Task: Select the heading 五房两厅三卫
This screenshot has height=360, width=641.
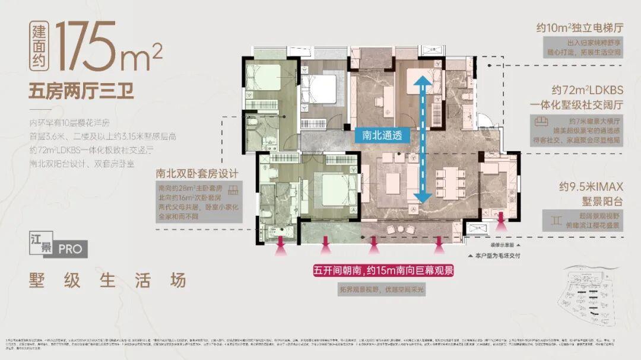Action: pyautogui.click(x=81, y=93)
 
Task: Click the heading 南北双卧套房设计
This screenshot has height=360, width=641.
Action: pyautogui.click(x=197, y=174)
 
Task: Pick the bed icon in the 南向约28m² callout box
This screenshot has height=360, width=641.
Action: pyautogui.click(x=233, y=189)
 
